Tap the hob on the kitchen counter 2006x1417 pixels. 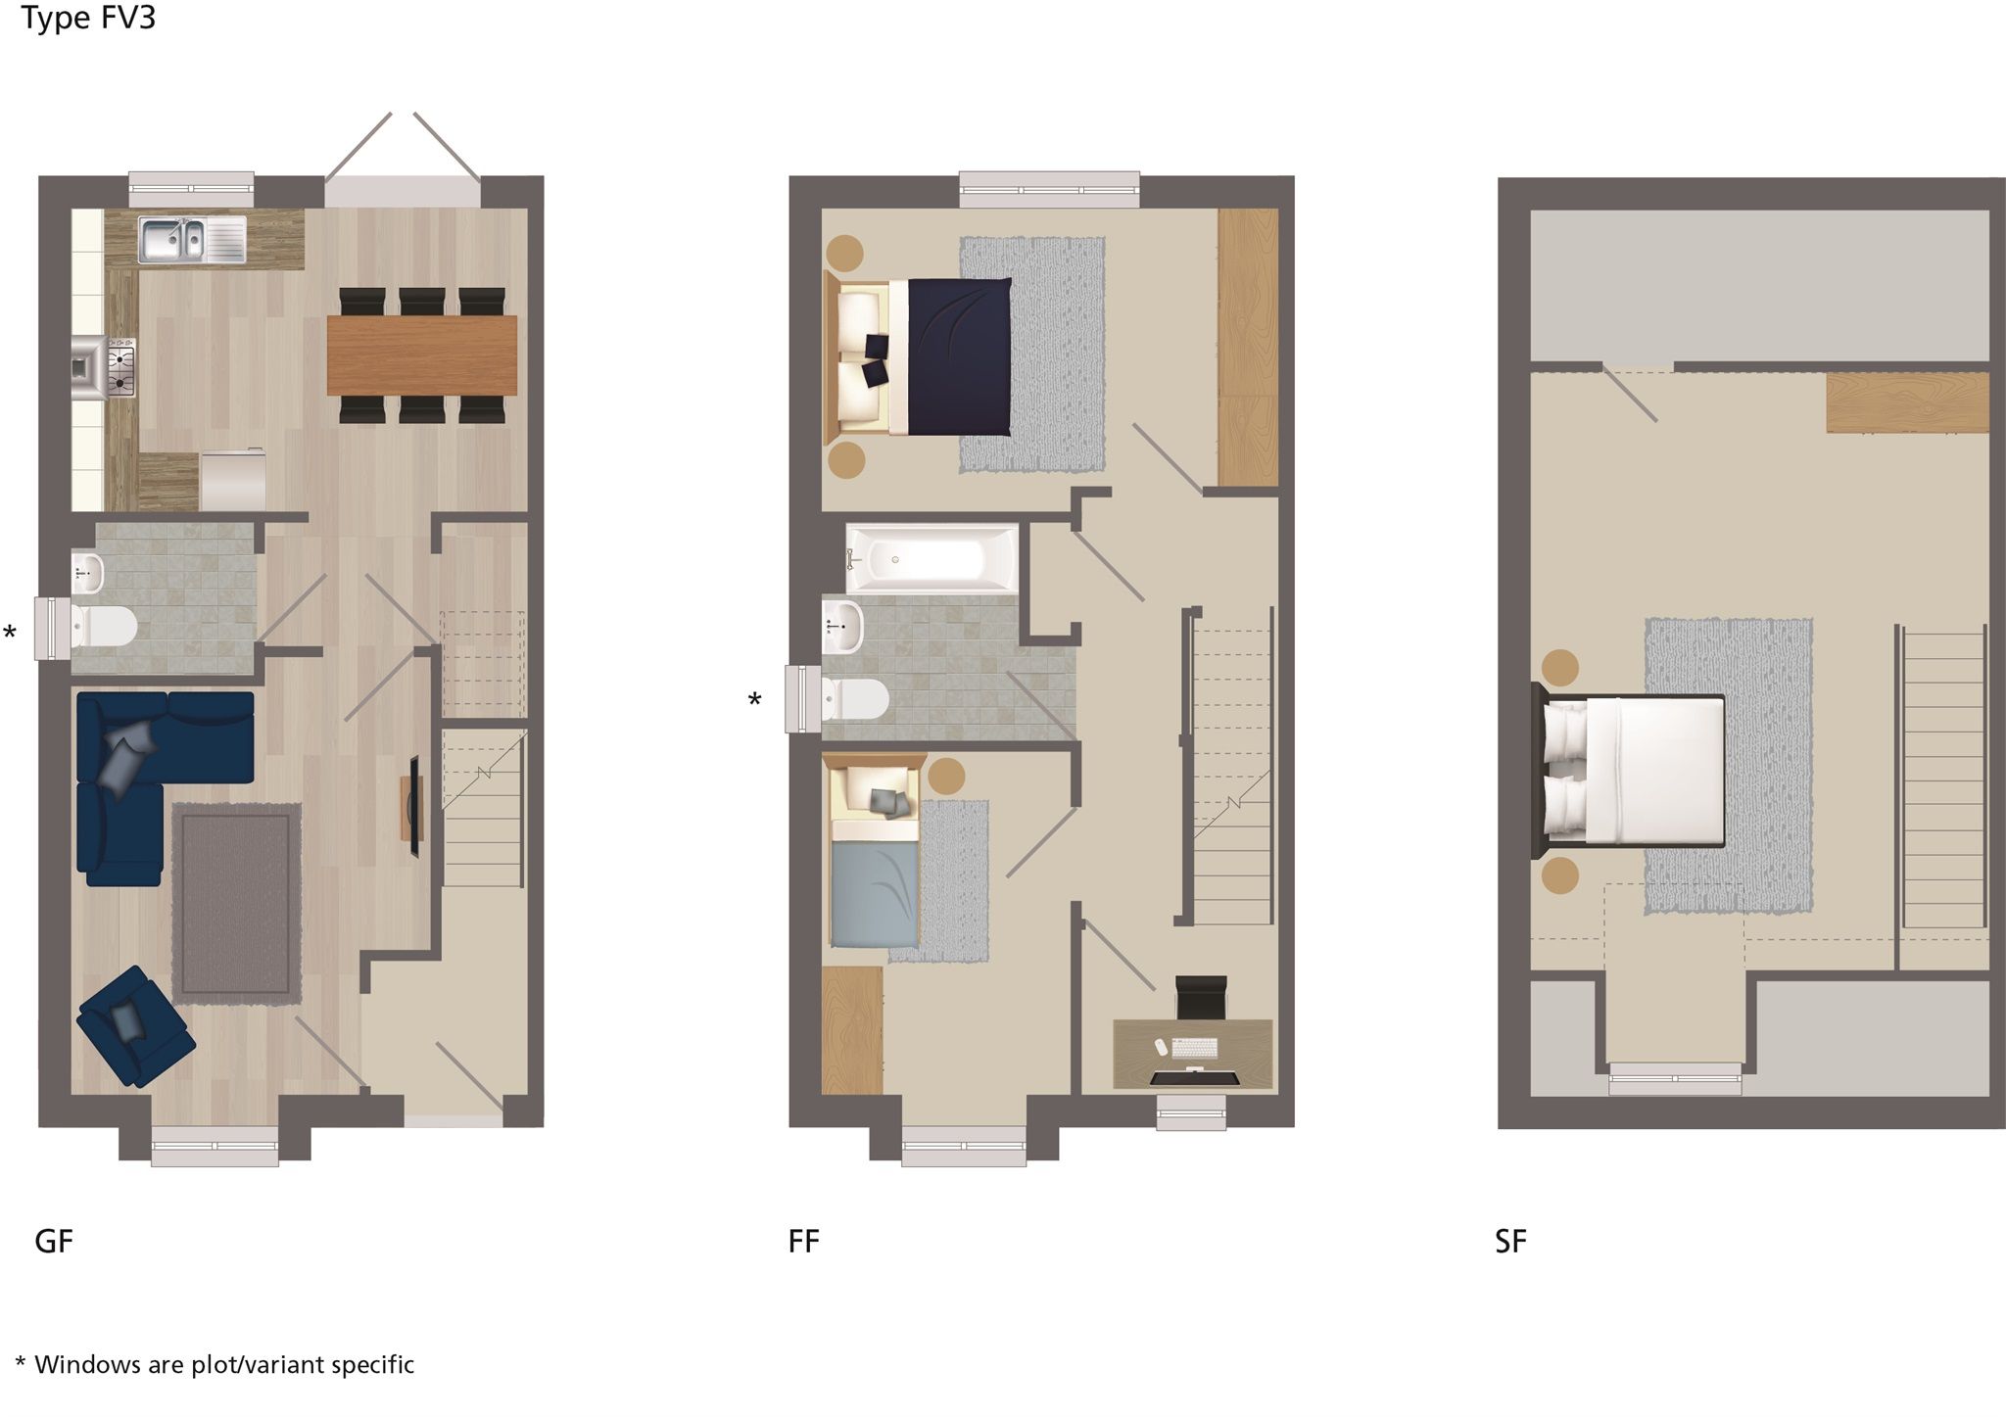[120, 368]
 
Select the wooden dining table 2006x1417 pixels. [421, 354]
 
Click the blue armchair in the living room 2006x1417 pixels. [135, 1024]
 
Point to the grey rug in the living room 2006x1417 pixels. [236, 903]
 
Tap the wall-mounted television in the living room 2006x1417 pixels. [414, 807]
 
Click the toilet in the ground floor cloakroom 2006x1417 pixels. [105, 626]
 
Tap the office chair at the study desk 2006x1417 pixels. [1201, 996]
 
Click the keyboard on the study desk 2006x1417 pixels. [1194, 1048]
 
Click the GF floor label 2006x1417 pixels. [54, 1242]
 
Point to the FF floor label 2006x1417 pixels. [803, 1242]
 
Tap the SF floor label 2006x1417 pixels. [1510, 1242]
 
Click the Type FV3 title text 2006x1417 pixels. [89, 18]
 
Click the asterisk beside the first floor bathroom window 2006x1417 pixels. [754, 699]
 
